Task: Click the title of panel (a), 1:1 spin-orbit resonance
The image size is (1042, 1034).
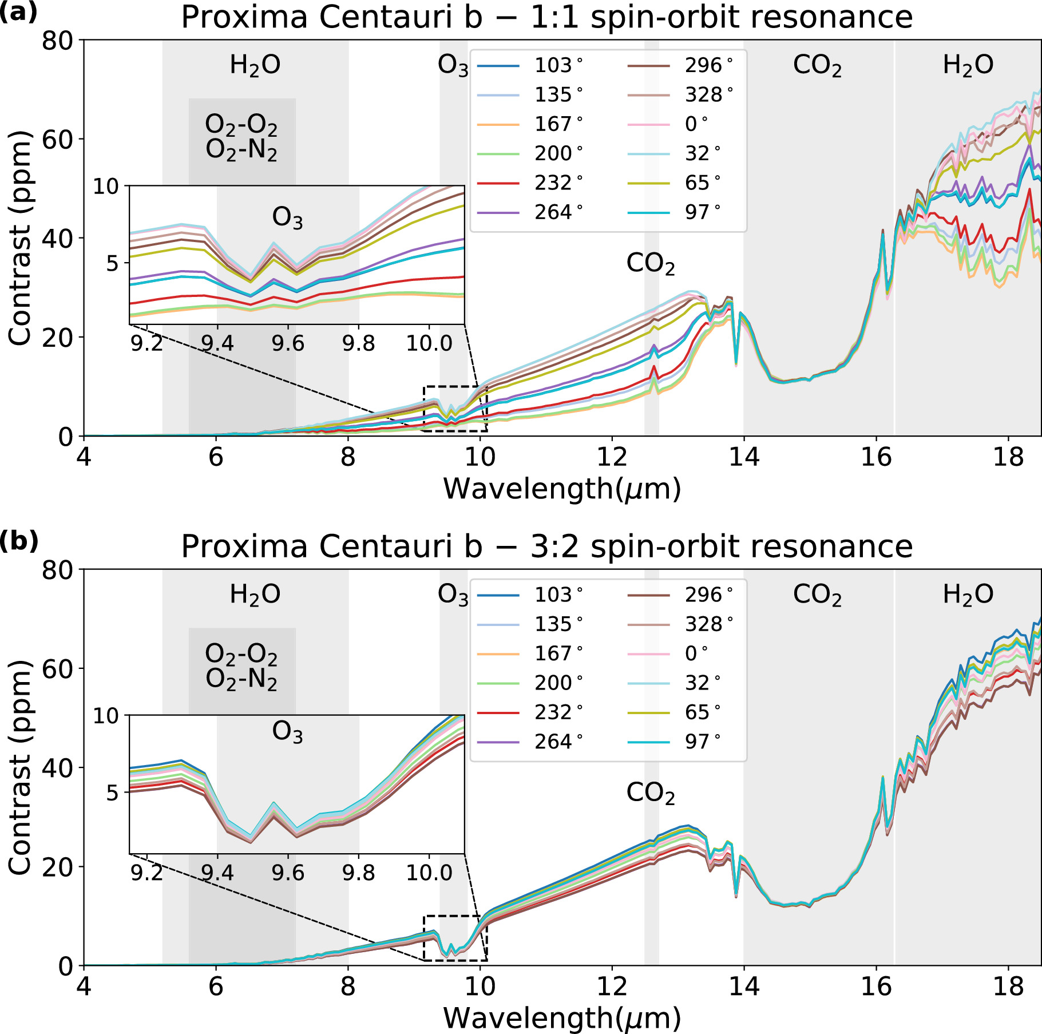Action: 546,17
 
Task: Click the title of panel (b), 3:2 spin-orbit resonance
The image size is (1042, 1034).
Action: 546,546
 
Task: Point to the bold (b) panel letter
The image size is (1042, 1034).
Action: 19,541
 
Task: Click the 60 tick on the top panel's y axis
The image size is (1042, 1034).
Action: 57,139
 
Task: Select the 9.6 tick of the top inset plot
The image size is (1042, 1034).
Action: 288,343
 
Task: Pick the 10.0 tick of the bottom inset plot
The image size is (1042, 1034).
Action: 429,873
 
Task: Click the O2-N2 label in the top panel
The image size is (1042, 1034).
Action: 241,150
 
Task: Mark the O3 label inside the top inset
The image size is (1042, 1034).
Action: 287,218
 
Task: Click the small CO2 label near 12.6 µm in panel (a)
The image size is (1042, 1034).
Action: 651,264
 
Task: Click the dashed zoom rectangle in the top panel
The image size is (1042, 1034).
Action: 455,387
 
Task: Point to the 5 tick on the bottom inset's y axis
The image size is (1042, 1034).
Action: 112,793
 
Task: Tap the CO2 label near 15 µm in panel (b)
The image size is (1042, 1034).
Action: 817,595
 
